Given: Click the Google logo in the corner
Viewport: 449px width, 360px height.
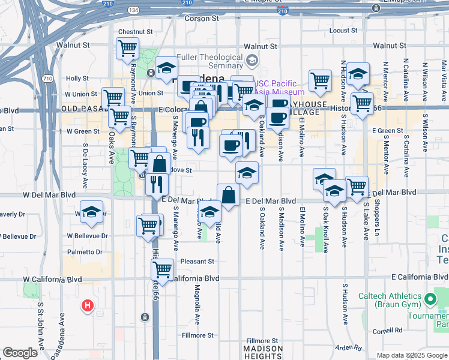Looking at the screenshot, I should click(x=20, y=353).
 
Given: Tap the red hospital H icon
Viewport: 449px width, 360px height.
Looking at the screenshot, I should click(x=88, y=306).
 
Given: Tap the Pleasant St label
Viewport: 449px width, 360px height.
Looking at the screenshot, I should click(x=197, y=262).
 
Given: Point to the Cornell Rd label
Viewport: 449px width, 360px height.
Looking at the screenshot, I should click(x=387, y=330).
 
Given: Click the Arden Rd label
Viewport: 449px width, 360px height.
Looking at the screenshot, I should click(x=349, y=347).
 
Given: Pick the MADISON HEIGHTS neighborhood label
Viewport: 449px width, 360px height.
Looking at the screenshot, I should click(x=263, y=353).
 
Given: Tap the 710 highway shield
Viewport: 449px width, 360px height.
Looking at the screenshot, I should click(x=47, y=79).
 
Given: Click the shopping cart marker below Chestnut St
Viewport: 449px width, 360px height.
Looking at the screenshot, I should click(x=127, y=47).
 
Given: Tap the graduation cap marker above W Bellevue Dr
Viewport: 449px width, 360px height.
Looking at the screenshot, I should click(x=91, y=212).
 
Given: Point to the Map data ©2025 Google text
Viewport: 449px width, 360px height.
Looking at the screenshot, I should click(x=411, y=355).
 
